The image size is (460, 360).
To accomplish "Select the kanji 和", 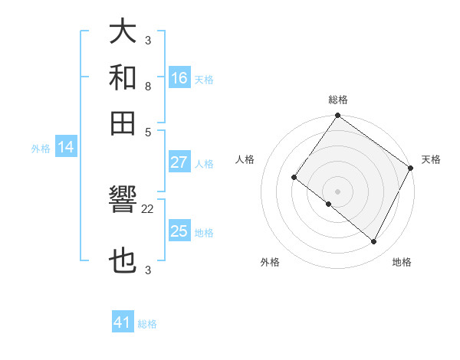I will point(123,78).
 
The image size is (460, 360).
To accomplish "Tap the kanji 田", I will point(123,123).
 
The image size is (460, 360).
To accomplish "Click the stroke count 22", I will point(148,208).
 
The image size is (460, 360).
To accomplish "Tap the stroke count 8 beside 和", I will point(148,87).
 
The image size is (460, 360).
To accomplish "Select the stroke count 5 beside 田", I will point(148,131).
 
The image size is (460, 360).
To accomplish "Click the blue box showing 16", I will point(179,78).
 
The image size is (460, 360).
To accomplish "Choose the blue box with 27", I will point(179,162).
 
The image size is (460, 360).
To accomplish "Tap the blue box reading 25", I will point(179,231).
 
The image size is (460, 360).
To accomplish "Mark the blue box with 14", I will point(66,148).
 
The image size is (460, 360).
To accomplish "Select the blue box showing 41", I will point(123,322).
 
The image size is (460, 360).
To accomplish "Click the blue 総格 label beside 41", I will point(147,324).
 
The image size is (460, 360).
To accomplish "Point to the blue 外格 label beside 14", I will point(41,149).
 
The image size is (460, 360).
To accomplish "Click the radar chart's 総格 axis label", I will point(337,100).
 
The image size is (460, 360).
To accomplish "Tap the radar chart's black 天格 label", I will point(431,159).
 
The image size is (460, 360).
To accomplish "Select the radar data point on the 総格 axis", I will point(337,116).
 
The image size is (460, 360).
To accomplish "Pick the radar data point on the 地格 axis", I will point(373,242).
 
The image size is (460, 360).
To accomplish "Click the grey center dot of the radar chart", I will point(337,191).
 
